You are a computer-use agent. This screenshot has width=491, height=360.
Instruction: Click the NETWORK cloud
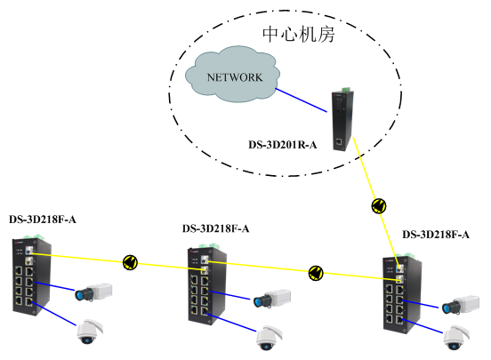(x=233, y=75)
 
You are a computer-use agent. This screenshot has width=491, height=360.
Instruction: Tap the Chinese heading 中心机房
(x=298, y=34)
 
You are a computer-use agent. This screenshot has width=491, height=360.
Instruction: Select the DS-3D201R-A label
(x=283, y=145)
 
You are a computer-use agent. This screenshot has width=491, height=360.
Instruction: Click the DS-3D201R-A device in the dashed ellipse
(x=342, y=120)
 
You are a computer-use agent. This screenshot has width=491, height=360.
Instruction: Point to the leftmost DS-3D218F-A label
(x=43, y=220)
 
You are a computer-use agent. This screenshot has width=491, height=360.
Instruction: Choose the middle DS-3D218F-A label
(x=216, y=228)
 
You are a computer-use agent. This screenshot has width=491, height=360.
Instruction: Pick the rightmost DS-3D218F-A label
(x=436, y=235)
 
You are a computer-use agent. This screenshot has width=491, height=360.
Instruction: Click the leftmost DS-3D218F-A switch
(x=32, y=275)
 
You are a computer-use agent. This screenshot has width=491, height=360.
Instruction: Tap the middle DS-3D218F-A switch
(x=206, y=285)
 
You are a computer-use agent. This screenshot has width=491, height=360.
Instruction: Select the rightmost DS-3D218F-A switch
(x=402, y=293)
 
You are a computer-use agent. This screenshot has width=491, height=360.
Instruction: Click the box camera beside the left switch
(x=93, y=292)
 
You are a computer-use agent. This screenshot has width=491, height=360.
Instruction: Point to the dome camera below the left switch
(x=90, y=332)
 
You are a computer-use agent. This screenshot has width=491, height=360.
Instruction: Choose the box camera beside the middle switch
(x=272, y=299)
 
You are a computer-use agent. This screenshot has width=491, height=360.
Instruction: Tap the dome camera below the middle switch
(x=269, y=338)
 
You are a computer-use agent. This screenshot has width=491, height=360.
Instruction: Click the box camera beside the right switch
(x=461, y=304)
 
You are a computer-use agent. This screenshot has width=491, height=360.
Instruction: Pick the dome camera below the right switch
(x=456, y=338)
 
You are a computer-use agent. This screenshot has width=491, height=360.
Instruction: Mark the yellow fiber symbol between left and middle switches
(x=130, y=262)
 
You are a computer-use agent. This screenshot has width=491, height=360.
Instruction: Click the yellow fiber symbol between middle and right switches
(x=316, y=273)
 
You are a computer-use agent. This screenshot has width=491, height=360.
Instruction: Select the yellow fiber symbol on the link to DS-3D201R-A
(x=379, y=206)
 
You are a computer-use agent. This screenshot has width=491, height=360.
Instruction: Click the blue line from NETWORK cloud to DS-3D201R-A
(x=301, y=100)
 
